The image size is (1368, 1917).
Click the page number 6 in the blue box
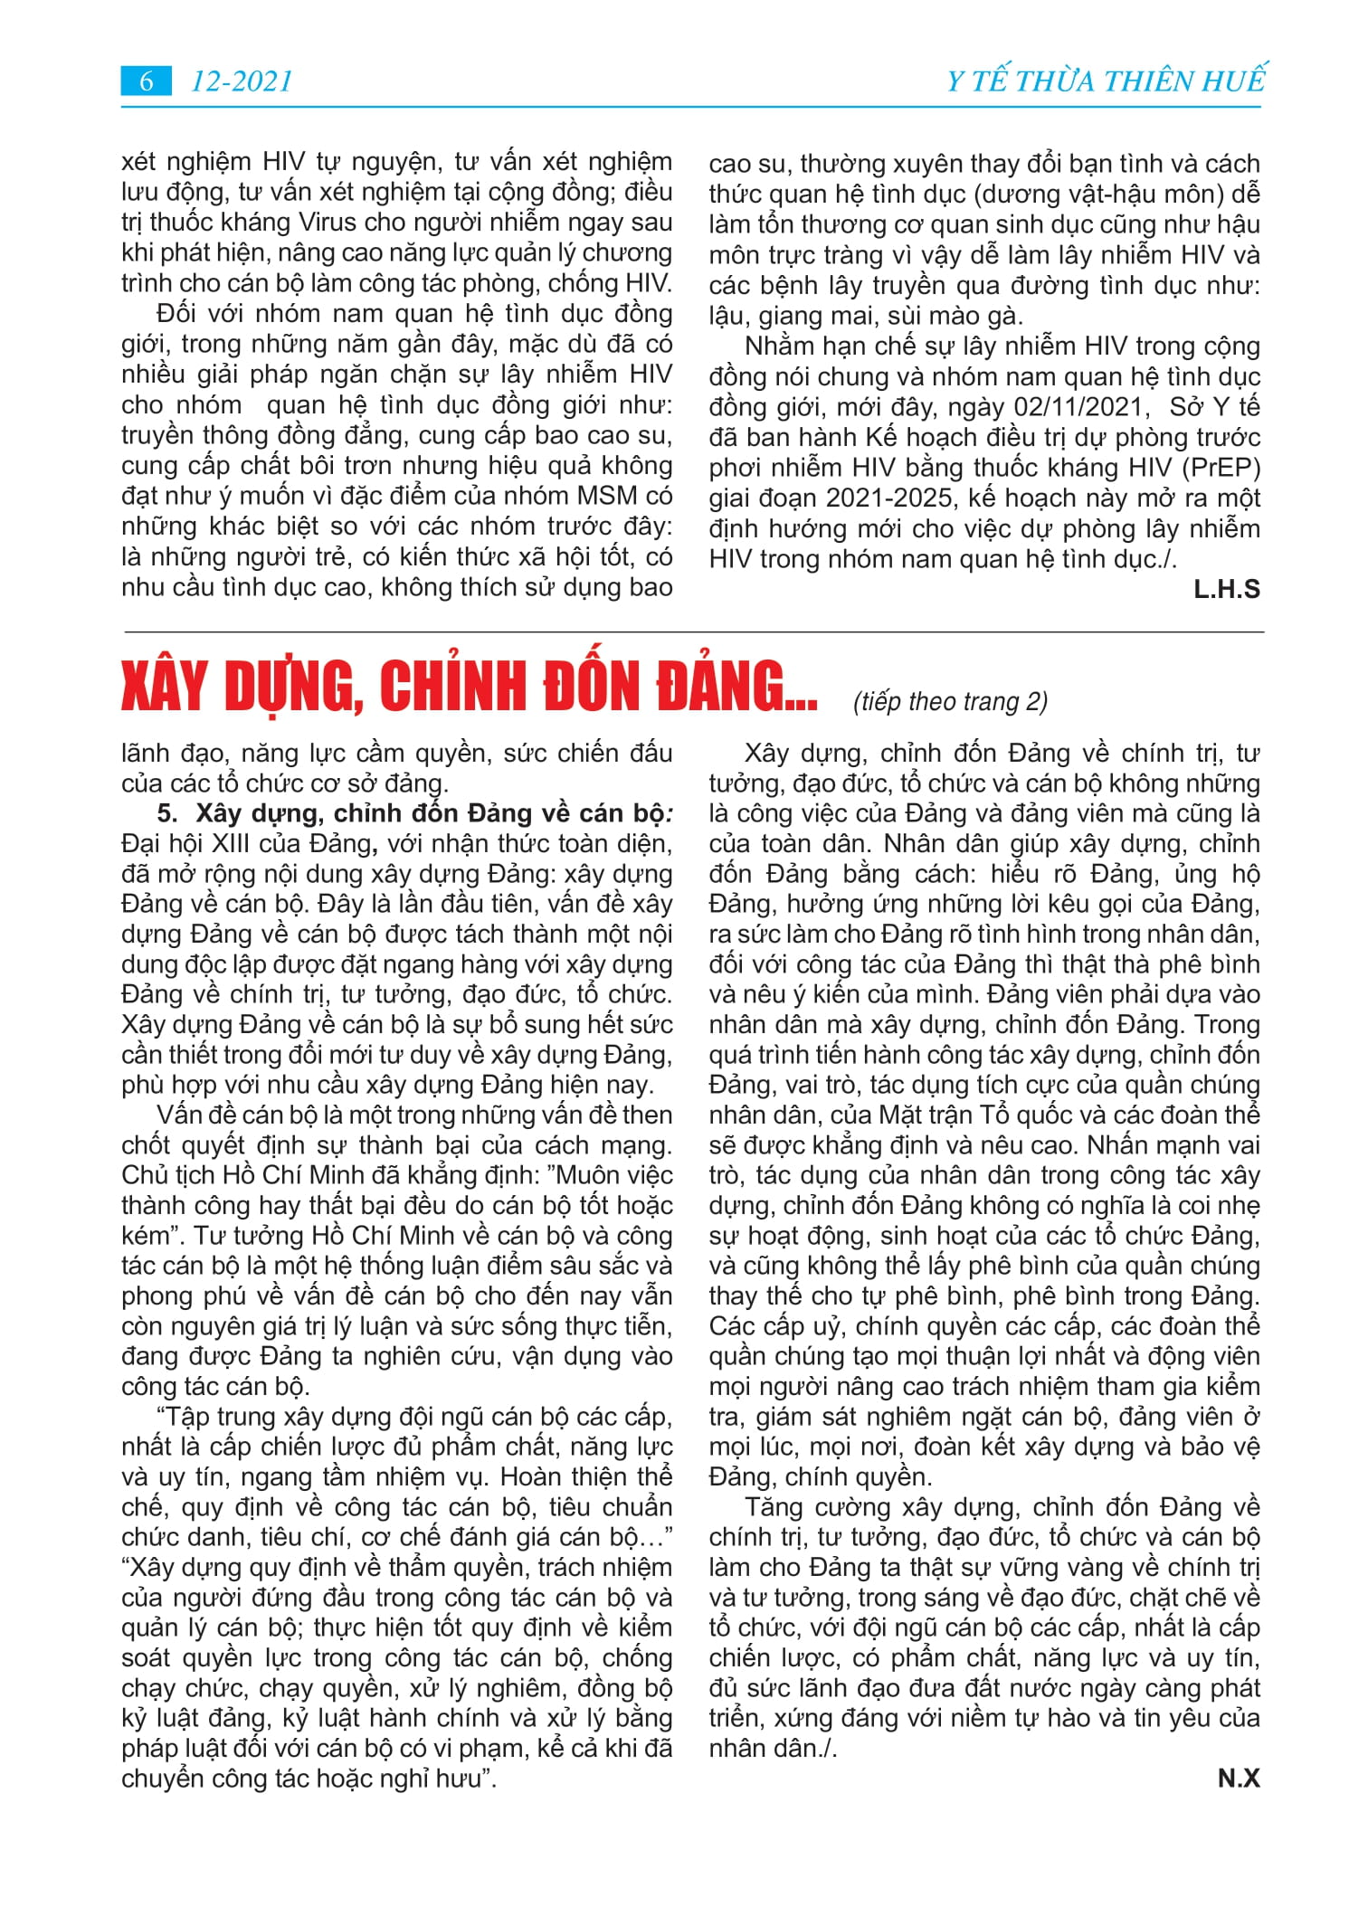[146, 81]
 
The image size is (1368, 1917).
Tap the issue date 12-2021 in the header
[242, 81]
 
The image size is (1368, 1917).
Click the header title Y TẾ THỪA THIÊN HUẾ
[1106, 81]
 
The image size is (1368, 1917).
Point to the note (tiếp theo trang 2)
[950, 702]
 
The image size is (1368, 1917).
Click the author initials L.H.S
[1226, 590]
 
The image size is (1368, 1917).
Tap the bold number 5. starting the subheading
[167, 813]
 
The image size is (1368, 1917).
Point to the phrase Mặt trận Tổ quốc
[973, 1115]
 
